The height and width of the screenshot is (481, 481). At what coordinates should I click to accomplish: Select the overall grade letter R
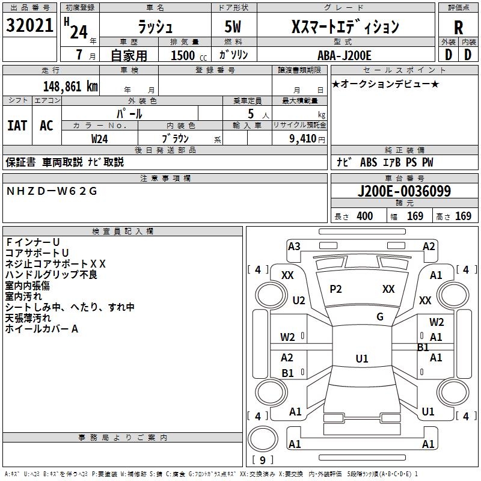pos(458,28)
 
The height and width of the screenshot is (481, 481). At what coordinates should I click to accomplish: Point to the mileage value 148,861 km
pos(71,87)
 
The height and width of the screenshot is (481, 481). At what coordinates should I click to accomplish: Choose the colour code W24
pos(100,138)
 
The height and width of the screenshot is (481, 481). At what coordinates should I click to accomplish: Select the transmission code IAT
pos(17,125)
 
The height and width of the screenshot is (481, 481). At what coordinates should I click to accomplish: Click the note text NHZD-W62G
pos(51,191)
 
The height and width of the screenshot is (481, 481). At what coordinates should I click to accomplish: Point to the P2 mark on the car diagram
pos(335,289)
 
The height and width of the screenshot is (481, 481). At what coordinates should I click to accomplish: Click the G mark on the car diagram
pos(380,317)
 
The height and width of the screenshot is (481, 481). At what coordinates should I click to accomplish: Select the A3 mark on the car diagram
pos(294,246)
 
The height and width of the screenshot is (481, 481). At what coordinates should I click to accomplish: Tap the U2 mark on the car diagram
pos(299,300)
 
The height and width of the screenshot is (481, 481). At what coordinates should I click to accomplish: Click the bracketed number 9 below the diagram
pos(262,461)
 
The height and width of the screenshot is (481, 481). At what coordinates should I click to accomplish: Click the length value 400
pos(364,216)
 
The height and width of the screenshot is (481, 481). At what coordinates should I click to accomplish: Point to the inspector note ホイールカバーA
pos(42,329)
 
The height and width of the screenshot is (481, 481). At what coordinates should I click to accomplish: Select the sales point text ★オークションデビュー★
pos(385,84)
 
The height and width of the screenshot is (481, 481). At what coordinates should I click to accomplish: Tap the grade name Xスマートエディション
pos(345,27)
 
